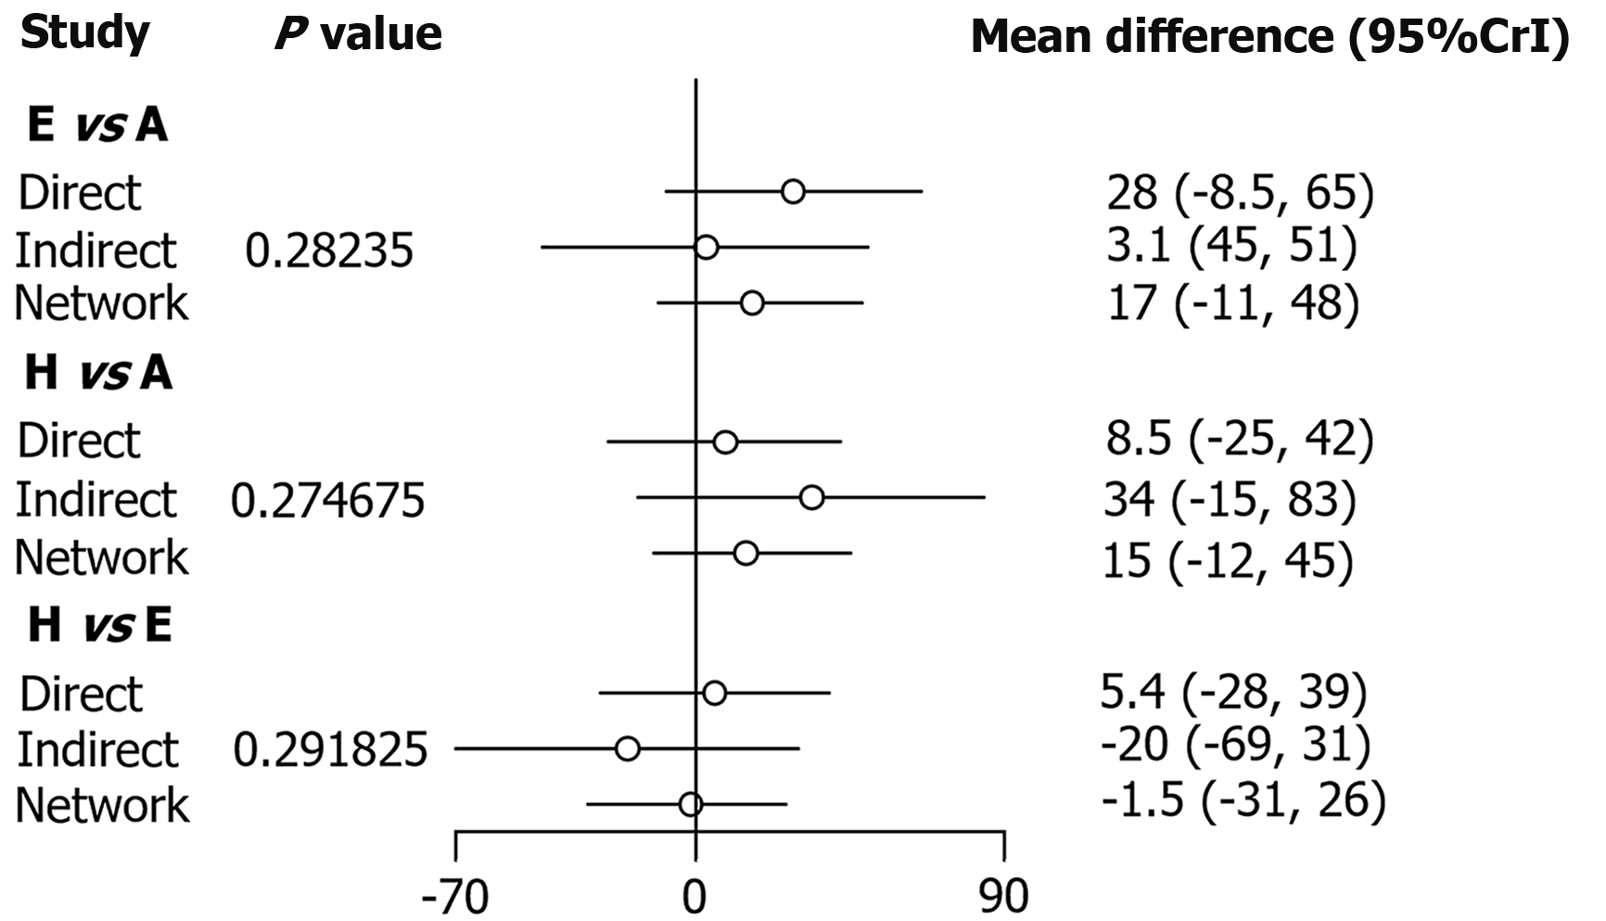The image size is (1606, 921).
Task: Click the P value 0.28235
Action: tap(329, 250)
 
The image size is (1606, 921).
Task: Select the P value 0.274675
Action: tap(327, 501)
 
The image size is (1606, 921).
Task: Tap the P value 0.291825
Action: tap(330, 749)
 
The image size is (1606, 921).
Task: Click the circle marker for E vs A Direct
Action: tap(793, 192)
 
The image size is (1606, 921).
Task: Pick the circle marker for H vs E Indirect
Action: tap(628, 748)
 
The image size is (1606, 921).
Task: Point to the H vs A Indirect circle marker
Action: tap(811, 498)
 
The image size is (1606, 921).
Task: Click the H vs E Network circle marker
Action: tap(690, 804)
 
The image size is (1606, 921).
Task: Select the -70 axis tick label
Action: tap(454, 897)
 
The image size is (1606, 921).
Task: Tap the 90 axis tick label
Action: tap(1004, 897)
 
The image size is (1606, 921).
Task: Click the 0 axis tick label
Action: tap(695, 897)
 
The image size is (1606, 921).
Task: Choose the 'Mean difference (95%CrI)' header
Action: tap(1269, 37)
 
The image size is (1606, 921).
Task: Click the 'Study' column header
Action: tap(84, 35)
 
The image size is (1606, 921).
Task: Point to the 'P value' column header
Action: tap(358, 34)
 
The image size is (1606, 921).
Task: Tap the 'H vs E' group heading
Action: tap(100, 624)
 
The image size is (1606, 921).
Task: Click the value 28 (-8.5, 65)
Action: tap(1240, 193)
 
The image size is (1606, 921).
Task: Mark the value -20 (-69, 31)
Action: tap(1235, 746)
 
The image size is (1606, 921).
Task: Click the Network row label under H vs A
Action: tap(102, 557)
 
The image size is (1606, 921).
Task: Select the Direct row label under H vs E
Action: tap(82, 694)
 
